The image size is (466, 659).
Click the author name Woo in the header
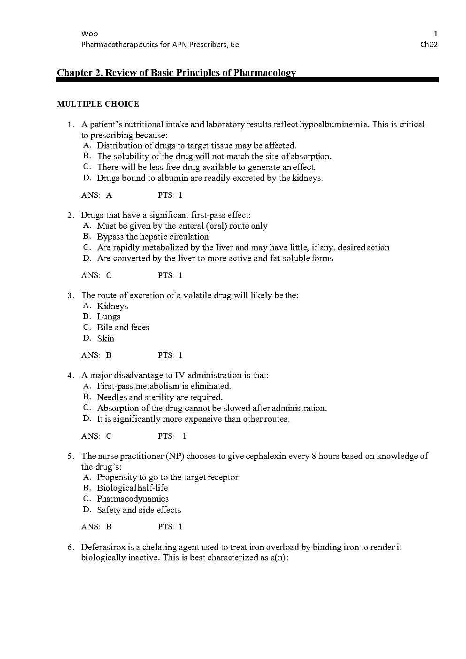[89, 34]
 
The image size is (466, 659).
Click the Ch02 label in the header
[429, 45]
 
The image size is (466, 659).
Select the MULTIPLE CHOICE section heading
[98, 104]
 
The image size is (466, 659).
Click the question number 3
[70, 295]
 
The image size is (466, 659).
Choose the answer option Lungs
[108, 317]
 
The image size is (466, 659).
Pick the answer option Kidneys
[112, 306]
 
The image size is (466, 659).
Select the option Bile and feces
[123, 327]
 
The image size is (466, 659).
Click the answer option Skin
[105, 339]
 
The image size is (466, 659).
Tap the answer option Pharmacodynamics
[132, 499]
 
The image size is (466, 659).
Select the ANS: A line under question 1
[97, 195]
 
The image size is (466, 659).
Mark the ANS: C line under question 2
[96, 275]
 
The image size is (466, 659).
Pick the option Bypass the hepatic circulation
[153, 237]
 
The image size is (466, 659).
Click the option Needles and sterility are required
[160, 397]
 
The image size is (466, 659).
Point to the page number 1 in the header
[435, 34]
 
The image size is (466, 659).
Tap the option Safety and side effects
[138, 510]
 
